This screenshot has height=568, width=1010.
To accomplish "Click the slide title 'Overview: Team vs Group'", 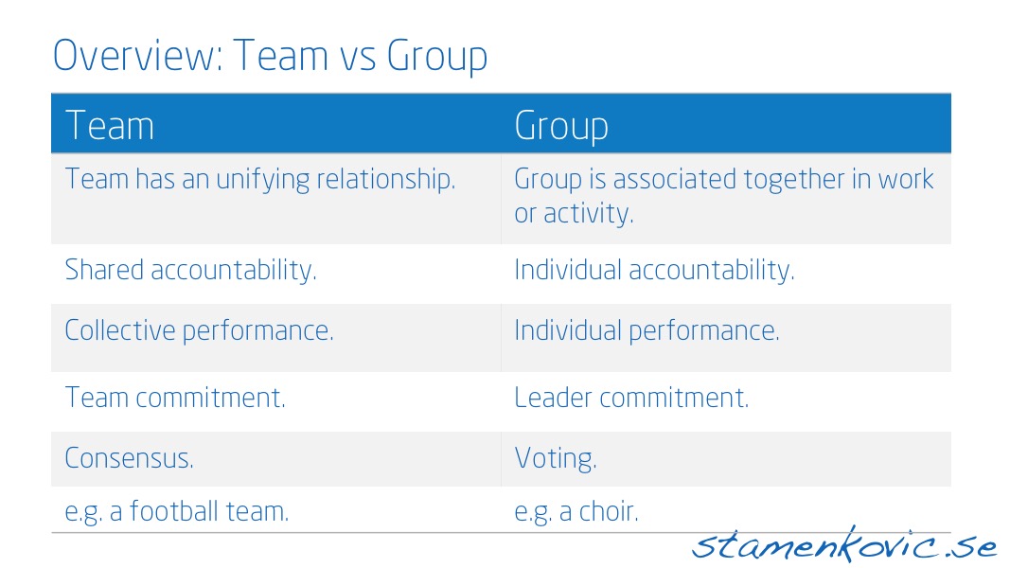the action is (270, 57).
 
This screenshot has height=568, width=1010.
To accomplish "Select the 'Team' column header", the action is (110, 126).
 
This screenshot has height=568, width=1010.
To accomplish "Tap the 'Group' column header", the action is (561, 127).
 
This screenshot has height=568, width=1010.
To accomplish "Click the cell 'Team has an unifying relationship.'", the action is (260, 180).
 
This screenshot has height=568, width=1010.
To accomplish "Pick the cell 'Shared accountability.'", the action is (190, 270).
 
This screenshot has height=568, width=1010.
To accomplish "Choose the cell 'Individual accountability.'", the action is (654, 270).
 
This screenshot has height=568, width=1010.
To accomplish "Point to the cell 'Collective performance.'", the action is (199, 331).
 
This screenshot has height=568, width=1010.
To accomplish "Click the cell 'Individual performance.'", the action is (647, 331).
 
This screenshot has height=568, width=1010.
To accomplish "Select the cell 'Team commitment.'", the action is (175, 398).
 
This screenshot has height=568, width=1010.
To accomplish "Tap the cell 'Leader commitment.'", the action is (631, 398).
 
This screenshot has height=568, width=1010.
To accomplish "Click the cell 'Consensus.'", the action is (129, 458).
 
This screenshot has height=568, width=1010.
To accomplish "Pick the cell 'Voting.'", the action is (556, 459).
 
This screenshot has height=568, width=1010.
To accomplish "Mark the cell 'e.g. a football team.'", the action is (176, 512).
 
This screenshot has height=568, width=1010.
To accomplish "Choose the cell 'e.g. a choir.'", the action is (576, 512).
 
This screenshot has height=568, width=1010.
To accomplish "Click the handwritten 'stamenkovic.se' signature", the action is (844, 545).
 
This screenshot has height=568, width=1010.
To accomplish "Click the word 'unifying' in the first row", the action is (263, 180).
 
